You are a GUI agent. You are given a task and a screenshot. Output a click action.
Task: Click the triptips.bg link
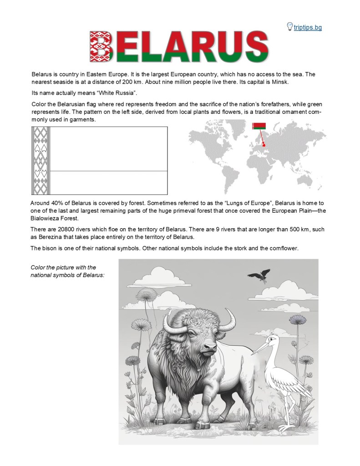(308, 27)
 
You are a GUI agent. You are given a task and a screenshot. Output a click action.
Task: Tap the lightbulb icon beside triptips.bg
(289, 26)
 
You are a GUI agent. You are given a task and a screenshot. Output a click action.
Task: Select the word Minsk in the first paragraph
(279, 82)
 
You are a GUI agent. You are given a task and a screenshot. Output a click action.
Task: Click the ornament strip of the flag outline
(40, 160)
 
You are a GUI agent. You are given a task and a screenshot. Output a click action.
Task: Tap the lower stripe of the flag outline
(108, 182)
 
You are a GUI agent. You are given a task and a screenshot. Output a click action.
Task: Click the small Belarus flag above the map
(259, 126)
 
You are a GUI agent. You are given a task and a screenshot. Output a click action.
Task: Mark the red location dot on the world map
(264, 144)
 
